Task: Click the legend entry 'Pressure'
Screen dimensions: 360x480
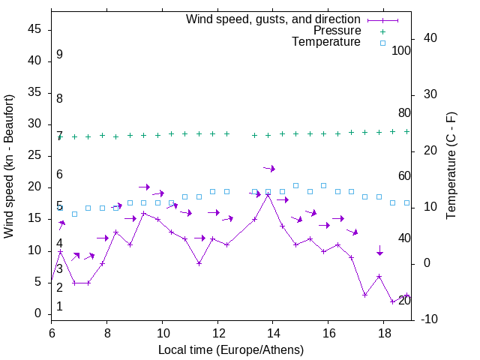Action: pos(337,31)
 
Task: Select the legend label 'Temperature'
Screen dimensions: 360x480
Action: pos(326,43)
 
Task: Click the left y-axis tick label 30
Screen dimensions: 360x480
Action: pos(34,124)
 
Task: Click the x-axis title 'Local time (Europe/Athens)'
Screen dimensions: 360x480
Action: pos(231,349)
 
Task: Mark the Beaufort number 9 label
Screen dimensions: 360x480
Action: pos(59,55)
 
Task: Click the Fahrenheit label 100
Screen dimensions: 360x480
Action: pos(401,51)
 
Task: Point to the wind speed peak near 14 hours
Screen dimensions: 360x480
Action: pos(268,194)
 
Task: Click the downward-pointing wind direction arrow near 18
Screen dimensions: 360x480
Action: pos(379,250)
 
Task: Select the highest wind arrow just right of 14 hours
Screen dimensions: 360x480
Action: pos(269,168)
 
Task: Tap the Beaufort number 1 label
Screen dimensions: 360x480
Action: pos(59,307)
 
